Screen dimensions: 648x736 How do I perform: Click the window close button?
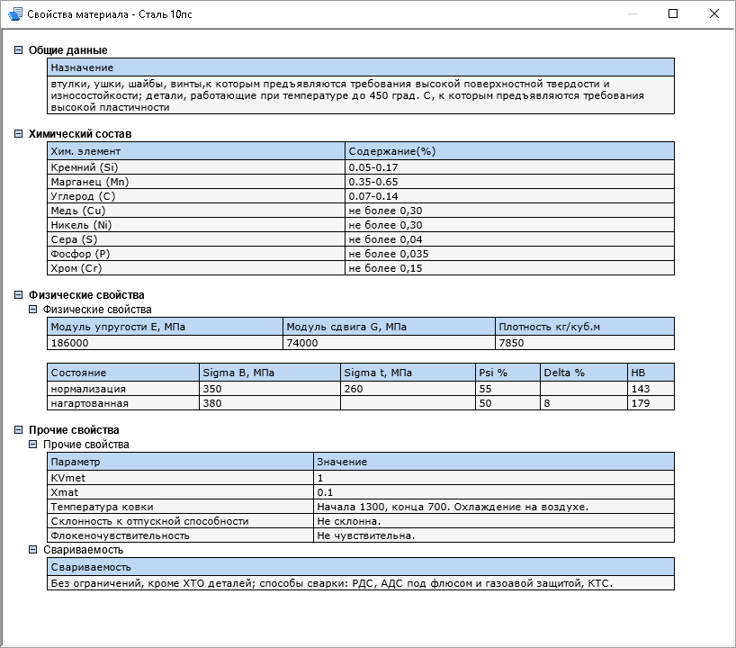pos(714,13)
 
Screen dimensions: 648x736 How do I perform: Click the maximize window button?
pos(673,13)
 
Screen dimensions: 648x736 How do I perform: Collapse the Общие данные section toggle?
pos(19,50)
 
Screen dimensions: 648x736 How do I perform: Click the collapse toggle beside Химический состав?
pos(19,134)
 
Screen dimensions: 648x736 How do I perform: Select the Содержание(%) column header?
pos(391,151)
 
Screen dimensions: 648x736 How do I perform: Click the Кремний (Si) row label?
pos(85,167)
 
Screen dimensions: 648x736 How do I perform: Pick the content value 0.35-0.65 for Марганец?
pos(372,182)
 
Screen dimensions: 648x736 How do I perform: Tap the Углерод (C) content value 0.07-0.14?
pos(372,196)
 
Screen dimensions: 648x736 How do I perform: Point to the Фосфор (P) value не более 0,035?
pos(388,254)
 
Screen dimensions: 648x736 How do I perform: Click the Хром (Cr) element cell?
pos(78,268)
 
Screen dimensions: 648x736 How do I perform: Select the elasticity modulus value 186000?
pos(70,343)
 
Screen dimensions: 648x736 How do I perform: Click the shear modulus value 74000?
pos(301,343)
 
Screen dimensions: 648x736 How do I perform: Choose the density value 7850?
pos(511,343)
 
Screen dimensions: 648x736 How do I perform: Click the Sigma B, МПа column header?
pos(238,373)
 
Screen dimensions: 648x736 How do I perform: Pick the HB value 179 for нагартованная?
pos(641,403)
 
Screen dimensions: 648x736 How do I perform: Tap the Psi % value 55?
pos(485,389)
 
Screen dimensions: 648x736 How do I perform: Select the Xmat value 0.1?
pos(325,492)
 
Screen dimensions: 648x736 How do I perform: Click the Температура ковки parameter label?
pos(103,507)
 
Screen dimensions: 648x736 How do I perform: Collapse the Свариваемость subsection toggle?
pos(33,550)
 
